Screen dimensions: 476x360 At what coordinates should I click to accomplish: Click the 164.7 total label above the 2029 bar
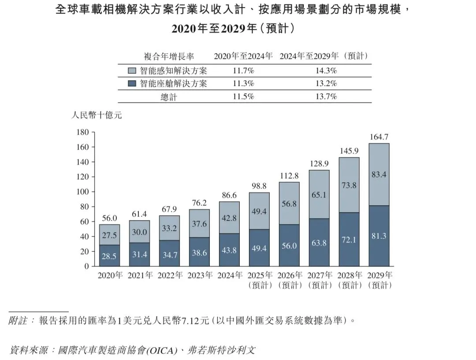click(379, 137)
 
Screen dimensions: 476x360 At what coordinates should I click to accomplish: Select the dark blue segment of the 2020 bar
click(109, 255)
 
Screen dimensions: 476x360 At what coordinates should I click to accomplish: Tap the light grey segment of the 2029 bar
click(379, 174)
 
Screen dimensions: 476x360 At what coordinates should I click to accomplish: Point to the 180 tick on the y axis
click(82, 132)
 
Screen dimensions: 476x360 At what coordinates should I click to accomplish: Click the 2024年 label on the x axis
click(230, 275)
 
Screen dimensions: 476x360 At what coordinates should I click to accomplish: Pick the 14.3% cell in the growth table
click(326, 71)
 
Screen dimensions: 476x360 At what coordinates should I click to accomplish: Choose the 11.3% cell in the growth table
click(243, 83)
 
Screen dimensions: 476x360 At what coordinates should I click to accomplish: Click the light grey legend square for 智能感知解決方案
click(132, 71)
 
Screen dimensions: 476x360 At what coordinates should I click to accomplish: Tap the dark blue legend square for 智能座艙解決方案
click(132, 83)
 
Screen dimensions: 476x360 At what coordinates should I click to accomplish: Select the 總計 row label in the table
click(169, 97)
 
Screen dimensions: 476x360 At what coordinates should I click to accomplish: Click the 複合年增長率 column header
click(169, 56)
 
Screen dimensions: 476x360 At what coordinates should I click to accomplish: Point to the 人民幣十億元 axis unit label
click(97, 115)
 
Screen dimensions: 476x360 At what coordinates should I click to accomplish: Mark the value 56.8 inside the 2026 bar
click(289, 203)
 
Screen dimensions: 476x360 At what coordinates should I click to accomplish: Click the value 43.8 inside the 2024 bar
click(229, 250)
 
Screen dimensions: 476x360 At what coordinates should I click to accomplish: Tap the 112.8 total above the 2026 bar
click(289, 176)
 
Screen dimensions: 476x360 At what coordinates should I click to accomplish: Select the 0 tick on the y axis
click(87, 266)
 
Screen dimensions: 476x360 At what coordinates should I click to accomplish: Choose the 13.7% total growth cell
click(326, 97)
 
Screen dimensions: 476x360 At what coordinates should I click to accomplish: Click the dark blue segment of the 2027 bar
click(319, 243)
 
